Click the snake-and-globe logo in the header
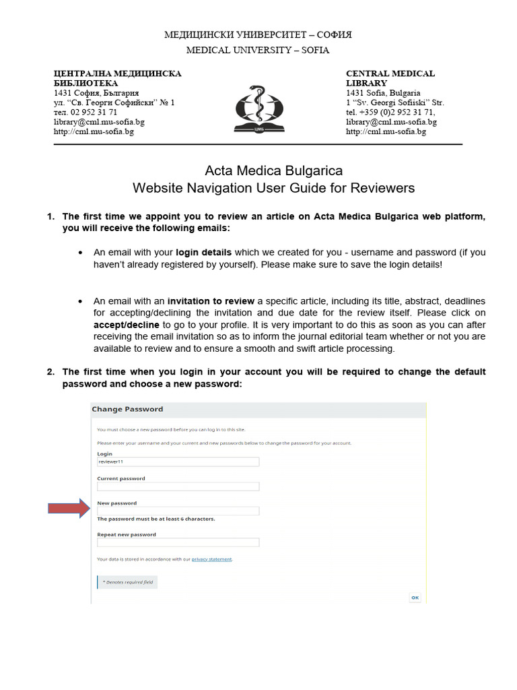[258, 107]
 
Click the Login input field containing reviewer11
[178, 462]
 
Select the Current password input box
[178, 487]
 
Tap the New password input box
[178, 511]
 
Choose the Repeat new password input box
[178, 542]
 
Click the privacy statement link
[211, 559]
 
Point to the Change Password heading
[127, 409]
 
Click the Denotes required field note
[128, 582]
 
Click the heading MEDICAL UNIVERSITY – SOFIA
[258, 50]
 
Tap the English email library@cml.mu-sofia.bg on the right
[391, 122]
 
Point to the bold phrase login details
[203, 252]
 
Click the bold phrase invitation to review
[211, 301]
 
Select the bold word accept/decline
[127, 325]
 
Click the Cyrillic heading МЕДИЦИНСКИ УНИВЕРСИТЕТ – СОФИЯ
[258, 34]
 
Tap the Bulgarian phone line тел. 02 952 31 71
[85, 112]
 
